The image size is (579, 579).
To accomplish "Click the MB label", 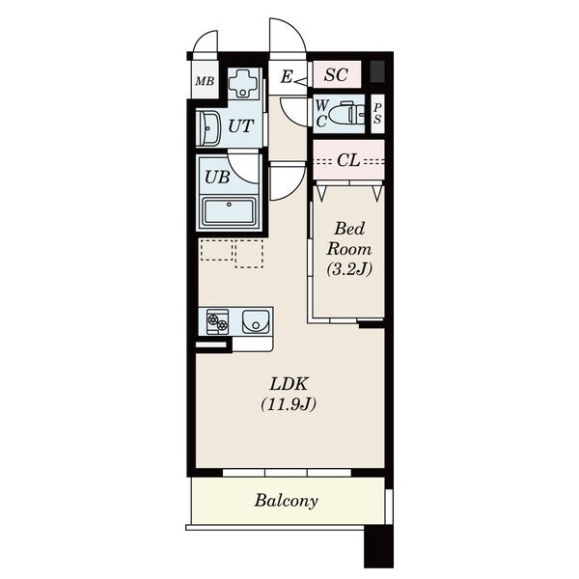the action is click(x=205, y=81).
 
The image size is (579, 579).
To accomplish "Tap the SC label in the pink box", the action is click(x=337, y=75).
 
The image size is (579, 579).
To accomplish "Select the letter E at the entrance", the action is click(x=287, y=76).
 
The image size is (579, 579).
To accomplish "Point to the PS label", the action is click(x=377, y=113).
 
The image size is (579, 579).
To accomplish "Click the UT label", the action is click(x=240, y=126).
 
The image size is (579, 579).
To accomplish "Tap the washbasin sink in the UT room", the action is click(x=209, y=128).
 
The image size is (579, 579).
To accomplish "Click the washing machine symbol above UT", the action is click(x=242, y=83).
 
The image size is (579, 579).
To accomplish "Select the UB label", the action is click(x=217, y=178).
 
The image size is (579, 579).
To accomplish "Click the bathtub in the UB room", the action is click(x=229, y=211).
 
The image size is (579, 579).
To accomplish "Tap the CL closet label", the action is click(x=347, y=160).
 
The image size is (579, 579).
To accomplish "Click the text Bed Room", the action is click(x=349, y=239).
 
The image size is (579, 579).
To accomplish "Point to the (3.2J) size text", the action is click(x=349, y=269).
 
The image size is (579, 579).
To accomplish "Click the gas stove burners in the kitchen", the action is click(x=217, y=321).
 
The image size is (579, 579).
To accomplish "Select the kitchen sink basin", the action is click(x=256, y=321).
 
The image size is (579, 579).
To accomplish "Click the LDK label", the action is click(x=289, y=384).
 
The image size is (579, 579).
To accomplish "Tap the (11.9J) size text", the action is click(x=289, y=404).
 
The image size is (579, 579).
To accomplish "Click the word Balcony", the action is click(x=287, y=501).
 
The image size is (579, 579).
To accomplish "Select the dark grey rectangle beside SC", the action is click(x=377, y=71).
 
